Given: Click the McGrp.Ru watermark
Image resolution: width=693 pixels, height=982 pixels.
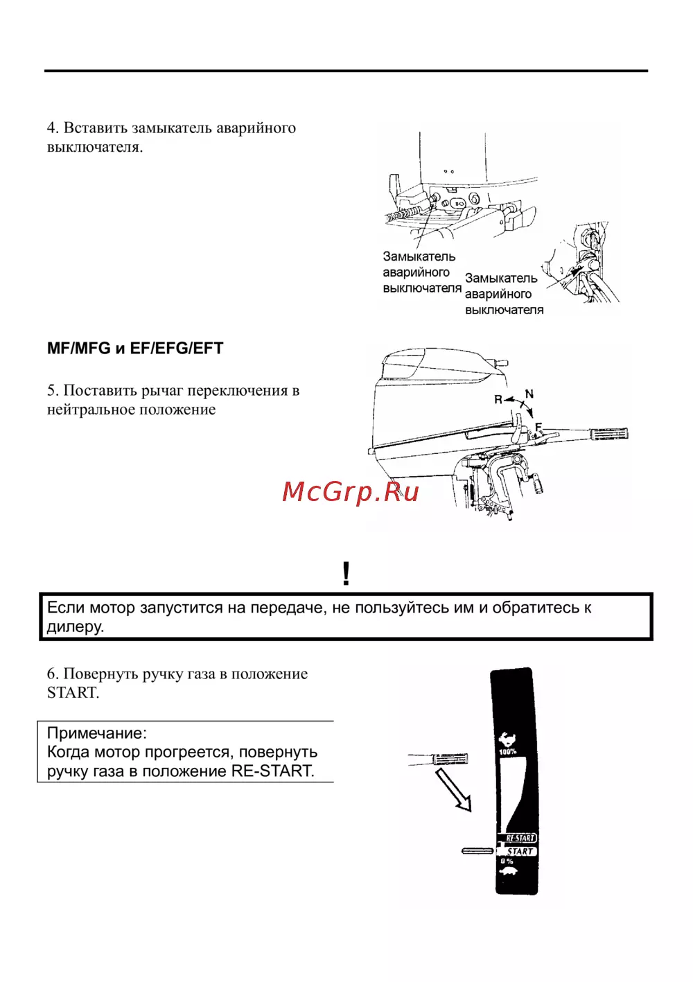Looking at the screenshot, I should click(x=351, y=491).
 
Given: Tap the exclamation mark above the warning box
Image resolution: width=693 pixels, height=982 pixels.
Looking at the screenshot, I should click(x=346, y=574).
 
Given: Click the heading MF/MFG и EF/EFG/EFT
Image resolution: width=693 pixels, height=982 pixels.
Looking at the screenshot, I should click(x=135, y=349).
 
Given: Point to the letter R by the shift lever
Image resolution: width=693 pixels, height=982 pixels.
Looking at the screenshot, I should click(x=498, y=400).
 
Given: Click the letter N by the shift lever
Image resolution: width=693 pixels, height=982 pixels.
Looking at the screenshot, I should click(x=529, y=394).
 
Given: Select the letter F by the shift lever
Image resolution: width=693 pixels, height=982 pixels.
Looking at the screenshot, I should click(x=538, y=427).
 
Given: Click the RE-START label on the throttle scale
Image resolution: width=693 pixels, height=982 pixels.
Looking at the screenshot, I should click(x=520, y=838).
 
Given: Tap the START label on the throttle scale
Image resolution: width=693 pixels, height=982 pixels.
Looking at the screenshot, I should click(x=520, y=851).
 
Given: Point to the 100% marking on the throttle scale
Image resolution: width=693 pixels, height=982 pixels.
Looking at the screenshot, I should click(x=508, y=751).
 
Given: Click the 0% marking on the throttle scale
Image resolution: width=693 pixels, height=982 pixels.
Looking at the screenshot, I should click(x=507, y=861).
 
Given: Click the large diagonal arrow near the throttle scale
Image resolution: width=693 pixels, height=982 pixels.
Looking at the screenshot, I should click(x=454, y=789).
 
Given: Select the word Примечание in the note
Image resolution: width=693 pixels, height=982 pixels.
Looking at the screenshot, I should click(x=96, y=733).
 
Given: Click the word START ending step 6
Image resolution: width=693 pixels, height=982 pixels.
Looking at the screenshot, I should click(x=72, y=692).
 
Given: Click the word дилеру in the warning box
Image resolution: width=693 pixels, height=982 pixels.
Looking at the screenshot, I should click(x=75, y=626).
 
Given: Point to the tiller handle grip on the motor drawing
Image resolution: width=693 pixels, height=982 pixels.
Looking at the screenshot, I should click(x=608, y=434).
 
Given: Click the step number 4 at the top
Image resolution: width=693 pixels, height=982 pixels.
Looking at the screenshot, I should click(x=52, y=128).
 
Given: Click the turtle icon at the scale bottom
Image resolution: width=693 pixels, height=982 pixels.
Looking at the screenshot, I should click(x=508, y=872).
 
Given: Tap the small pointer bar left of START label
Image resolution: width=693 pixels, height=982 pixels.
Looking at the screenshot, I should click(x=477, y=850).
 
